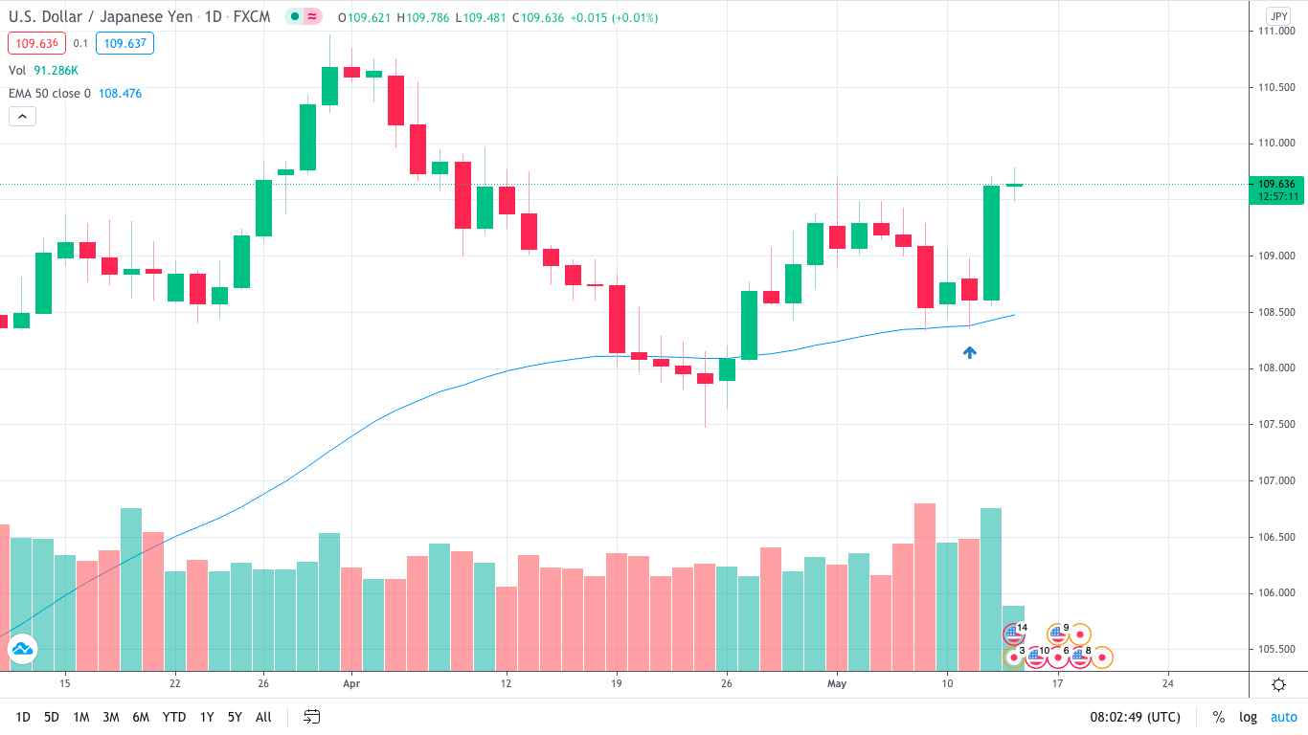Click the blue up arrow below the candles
pyautogui.click(x=969, y=352)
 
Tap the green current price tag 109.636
pyautogui.click(x=1277, y=184)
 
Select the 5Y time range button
pyautogui.click(x=235, y=717)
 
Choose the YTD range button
pyautogui.click(x=174, y=717)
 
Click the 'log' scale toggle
pyautogui.click(x=1248, y=717)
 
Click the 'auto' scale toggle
pyautogui.click(x=1283, y=717)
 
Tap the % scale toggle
pyautogui.click(x=1218, y=717)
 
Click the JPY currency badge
pyautogui.click(x=1278, y=16)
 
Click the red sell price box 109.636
pyautogui.click(x=35, y=43)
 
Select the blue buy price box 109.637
pyautogui.click(x=124, y=43)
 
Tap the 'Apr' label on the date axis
pyautogui.click(x=351, y=683)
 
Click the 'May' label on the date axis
pyautogui.click(x=837, y=683)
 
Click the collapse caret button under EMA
pyautogui.click(x=22, y=117)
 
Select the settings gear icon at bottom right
pyautogui.click(x=1278, y=683)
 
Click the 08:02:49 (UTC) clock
pyautogui.click(x=1135, y=717)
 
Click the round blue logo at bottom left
pyautogui.click(x=22, y=649)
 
